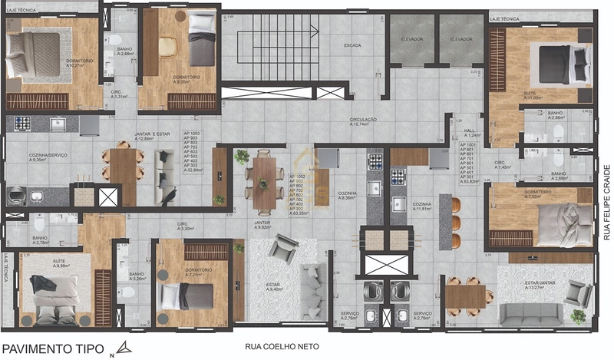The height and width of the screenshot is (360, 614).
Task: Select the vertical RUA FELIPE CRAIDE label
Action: tap(606, 202)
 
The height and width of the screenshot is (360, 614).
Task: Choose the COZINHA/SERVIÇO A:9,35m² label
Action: tap(48, 158)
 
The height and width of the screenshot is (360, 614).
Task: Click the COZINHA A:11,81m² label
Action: tap(424, 207)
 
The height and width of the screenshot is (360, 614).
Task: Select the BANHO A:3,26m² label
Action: tap(137, 276)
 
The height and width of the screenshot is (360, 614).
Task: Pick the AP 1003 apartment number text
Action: tap(192, 134)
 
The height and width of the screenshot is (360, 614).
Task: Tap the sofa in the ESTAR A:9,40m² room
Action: tap(312, 292)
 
